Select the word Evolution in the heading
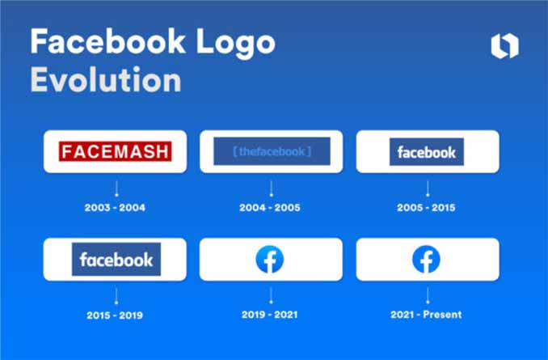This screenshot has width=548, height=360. click(x=105, y=81)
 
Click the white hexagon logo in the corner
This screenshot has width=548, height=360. click(x=504, y=47)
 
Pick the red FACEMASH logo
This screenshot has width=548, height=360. click(x=115, y=151)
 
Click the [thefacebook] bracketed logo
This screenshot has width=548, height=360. click(x=271, y=151)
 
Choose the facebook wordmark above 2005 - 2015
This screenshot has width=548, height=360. click(x=427, y=151)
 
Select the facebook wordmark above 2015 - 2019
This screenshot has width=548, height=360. click(x=115, y=260)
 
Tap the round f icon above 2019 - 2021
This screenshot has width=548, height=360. click(x=270, y=260)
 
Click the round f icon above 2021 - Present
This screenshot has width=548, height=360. click(x=426, y=260)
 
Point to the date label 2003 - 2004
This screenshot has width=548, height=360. click(x=115, y=207)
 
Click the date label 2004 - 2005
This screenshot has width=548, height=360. click(x=270, y=207)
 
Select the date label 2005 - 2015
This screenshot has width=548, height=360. click(x=426, y=207)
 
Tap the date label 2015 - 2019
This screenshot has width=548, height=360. click(x=115, y=314)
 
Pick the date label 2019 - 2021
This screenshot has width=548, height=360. click(x=270, y=314)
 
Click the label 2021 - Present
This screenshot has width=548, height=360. click(x=426, y=314)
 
